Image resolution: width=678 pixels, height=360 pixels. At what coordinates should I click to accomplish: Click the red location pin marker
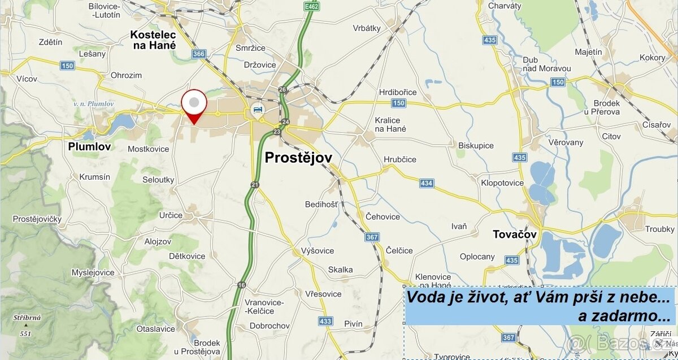click(x=194, y=105)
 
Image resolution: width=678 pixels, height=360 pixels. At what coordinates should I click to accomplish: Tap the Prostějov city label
click(x=298, y=157)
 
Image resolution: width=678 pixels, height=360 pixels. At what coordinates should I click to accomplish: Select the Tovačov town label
click(x=514, y=234)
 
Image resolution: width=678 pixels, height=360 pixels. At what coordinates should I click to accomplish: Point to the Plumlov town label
click(x=89, y=146)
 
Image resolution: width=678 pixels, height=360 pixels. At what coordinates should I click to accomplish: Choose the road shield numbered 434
click(x=427, y=183)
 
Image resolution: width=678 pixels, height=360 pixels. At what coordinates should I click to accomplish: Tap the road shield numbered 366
click(x=199, y=54)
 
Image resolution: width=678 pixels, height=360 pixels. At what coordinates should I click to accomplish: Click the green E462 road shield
click(x=310, y=6)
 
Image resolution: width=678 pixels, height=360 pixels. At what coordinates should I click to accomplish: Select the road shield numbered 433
click(x=325, y=320)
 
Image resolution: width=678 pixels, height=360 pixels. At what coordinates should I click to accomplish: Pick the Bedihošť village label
click(x=321, y=204)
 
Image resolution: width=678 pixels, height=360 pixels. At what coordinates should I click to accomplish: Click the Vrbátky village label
click(x=367, y=28)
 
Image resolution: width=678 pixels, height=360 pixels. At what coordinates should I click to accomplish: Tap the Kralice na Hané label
click(x=390, y=124)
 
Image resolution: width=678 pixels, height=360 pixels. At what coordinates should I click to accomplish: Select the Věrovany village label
click(x=565, y=142)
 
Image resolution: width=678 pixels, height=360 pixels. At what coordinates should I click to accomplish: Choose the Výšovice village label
click(x=318, y=250)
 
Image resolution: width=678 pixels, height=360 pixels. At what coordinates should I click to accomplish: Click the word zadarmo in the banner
click(x=623, y=316)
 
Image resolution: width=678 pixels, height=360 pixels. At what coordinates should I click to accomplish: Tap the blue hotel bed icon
click(x=258, y=109)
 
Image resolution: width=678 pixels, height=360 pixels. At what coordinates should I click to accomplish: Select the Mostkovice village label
click(x=149, y=149)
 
